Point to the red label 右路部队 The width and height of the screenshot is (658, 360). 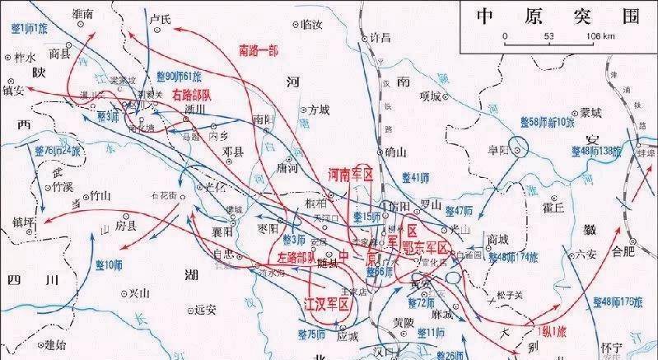pyautogui.click(x=192, y=95)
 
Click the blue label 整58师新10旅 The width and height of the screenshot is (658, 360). pyautogui.click(x=547, y=121)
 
